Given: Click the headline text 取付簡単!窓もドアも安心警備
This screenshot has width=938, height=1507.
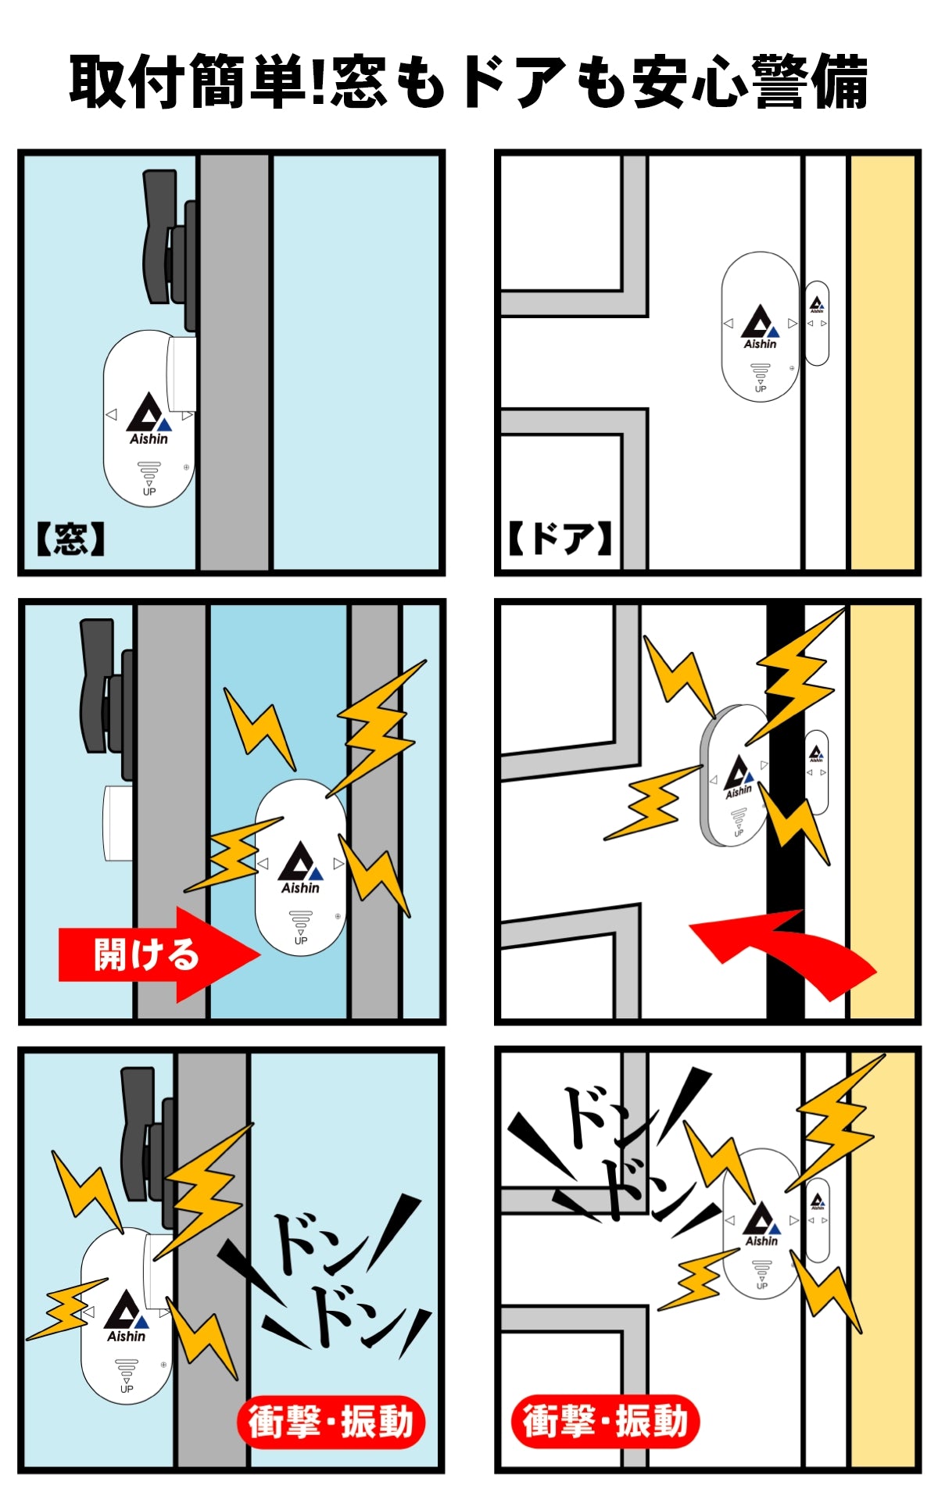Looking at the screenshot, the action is click(469, 81).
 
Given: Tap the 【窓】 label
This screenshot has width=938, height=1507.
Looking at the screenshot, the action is click(70, 539).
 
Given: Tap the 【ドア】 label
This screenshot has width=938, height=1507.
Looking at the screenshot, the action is click(560, 539).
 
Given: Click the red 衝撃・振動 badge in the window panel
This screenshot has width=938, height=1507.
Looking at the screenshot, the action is click(331, 1421).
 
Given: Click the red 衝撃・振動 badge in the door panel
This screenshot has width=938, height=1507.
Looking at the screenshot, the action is click(605, 1420).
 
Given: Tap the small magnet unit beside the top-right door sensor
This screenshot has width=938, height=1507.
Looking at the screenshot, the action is click(817, 323).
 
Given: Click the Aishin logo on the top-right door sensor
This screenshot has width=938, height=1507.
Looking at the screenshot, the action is click(760, 328).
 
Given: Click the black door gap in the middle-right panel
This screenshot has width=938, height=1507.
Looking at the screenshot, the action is click(786, 813).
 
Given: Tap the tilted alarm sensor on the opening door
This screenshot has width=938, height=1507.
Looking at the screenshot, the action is click(735, 775).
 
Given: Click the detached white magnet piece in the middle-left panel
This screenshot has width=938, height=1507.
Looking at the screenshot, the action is click(118, 823).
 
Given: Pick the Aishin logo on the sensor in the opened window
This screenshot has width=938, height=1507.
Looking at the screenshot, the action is click(301, 868).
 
